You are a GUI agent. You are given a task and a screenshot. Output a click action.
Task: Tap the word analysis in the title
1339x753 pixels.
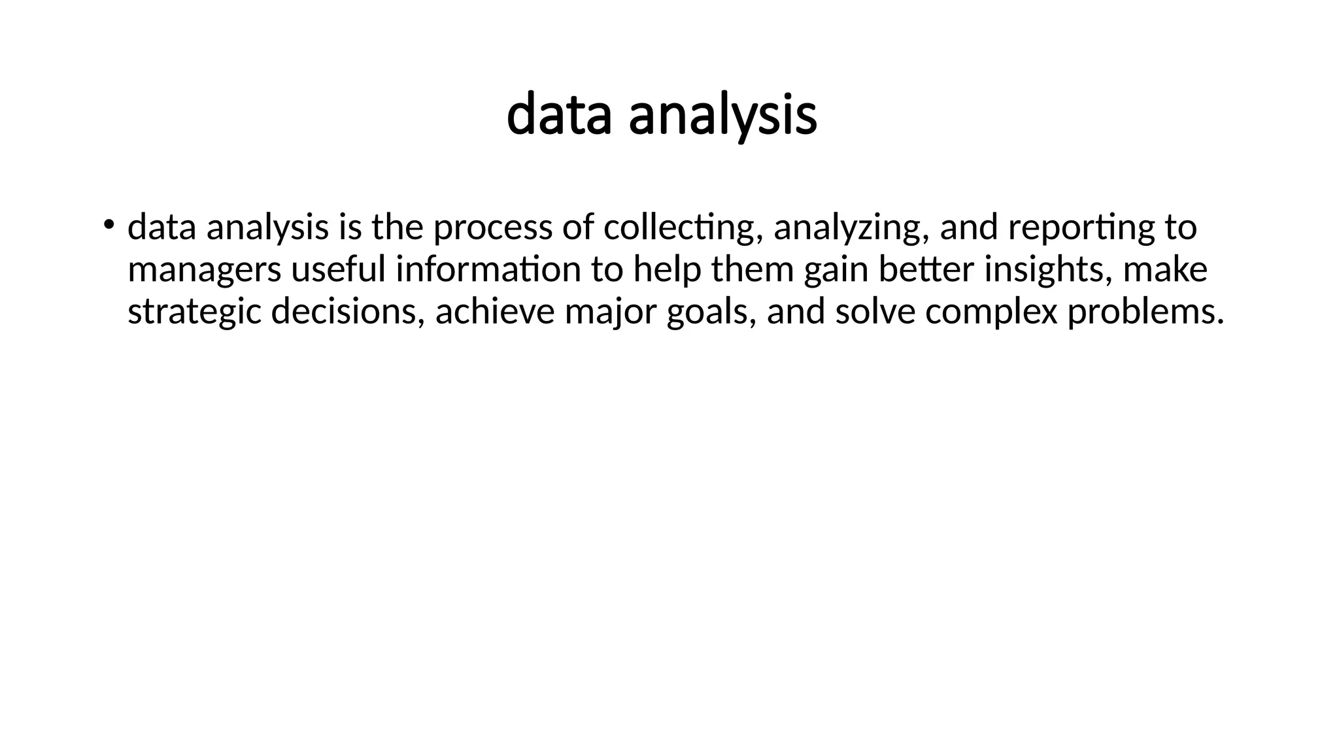click(722, 116)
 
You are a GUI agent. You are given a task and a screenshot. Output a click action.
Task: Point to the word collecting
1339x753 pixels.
click(683, 228)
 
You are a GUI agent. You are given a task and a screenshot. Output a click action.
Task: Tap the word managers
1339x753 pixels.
click(204, 270)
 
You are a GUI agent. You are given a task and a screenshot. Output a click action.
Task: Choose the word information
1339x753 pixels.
click(488, 270)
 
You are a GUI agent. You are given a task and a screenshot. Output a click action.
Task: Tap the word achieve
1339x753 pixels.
click(494, 312)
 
